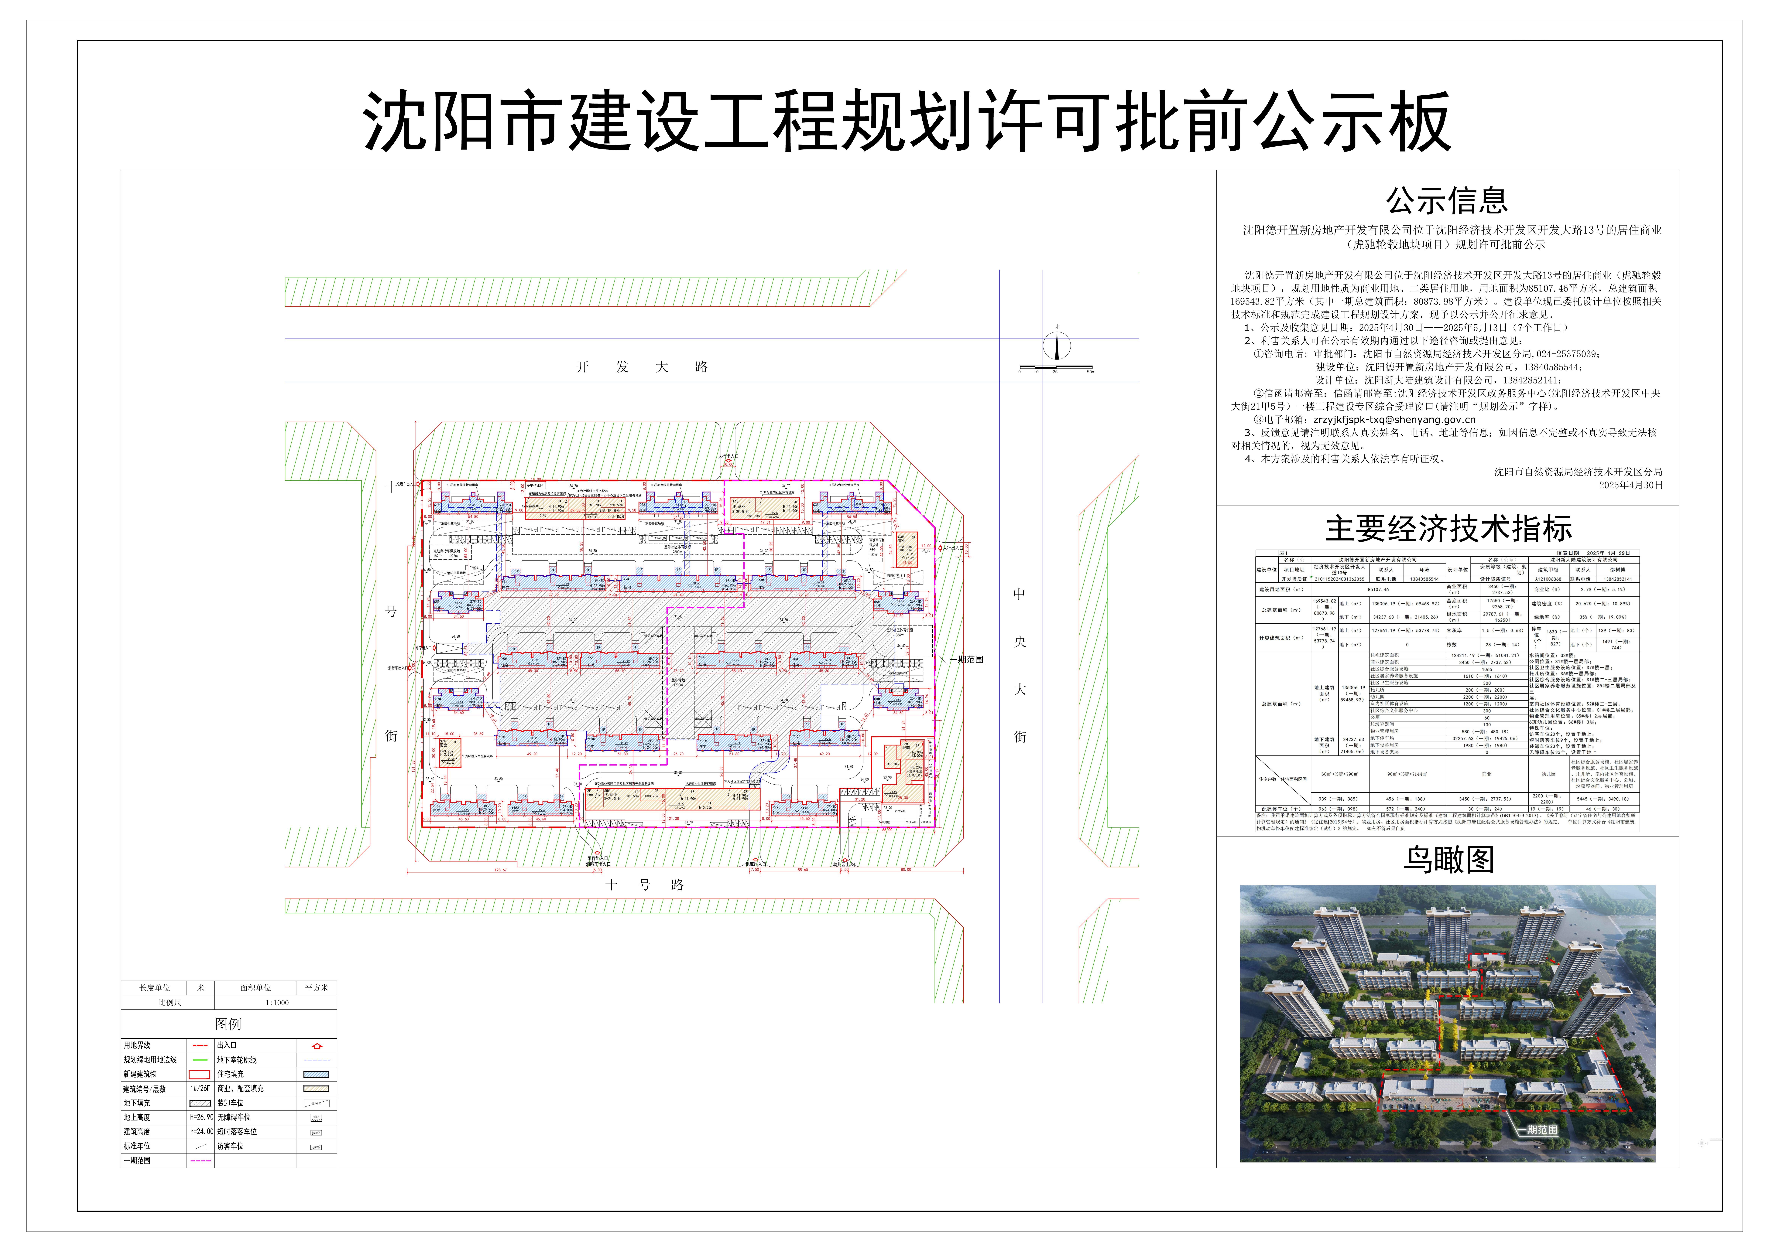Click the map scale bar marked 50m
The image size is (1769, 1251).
[1056, 368]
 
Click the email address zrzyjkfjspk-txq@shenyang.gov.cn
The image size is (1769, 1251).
[1395, 420]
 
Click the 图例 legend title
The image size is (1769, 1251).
[228, 1024]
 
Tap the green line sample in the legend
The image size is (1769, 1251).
[200, 1060]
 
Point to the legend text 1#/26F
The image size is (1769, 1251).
[200, 1089]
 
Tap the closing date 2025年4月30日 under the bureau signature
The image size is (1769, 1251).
[1630, 485]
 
